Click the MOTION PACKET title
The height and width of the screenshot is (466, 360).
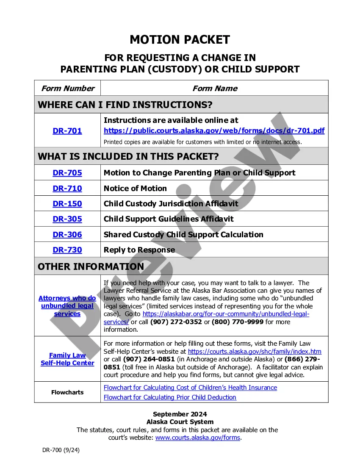(x=180, y=40)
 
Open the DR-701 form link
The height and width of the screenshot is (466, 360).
(x=67, y=131)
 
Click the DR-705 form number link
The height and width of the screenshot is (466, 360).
(x=67, y=173)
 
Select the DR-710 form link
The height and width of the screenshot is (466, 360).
(x=67, y=189)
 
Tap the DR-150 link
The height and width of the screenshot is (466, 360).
(x=67, y=204)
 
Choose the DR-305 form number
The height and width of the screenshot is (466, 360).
(x=67, y=219)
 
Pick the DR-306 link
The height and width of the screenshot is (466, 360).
(x=67, y=235)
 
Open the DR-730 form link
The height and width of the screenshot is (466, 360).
(x=67, y=250)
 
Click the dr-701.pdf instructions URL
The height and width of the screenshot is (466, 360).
(x=214, y=130)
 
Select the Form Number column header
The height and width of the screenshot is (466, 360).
(x=67, y=89)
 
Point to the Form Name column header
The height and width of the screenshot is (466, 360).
(x=214, y=89)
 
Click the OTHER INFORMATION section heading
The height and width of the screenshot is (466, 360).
(x=91, y=266)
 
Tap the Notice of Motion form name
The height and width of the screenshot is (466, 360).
(x=135, y=189)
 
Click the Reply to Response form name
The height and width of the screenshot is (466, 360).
(x=139, y=250)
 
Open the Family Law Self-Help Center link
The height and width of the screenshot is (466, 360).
(x=67, y=359)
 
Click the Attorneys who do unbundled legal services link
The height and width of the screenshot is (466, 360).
(x=67, y=306)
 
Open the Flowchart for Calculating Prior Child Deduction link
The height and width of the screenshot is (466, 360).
(x=170, y=397)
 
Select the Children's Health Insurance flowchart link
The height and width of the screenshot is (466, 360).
(x=190, y=388)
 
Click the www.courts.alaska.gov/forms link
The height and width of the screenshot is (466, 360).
(x=197, y=438)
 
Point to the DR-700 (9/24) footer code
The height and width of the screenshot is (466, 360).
(x=61, y=450)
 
